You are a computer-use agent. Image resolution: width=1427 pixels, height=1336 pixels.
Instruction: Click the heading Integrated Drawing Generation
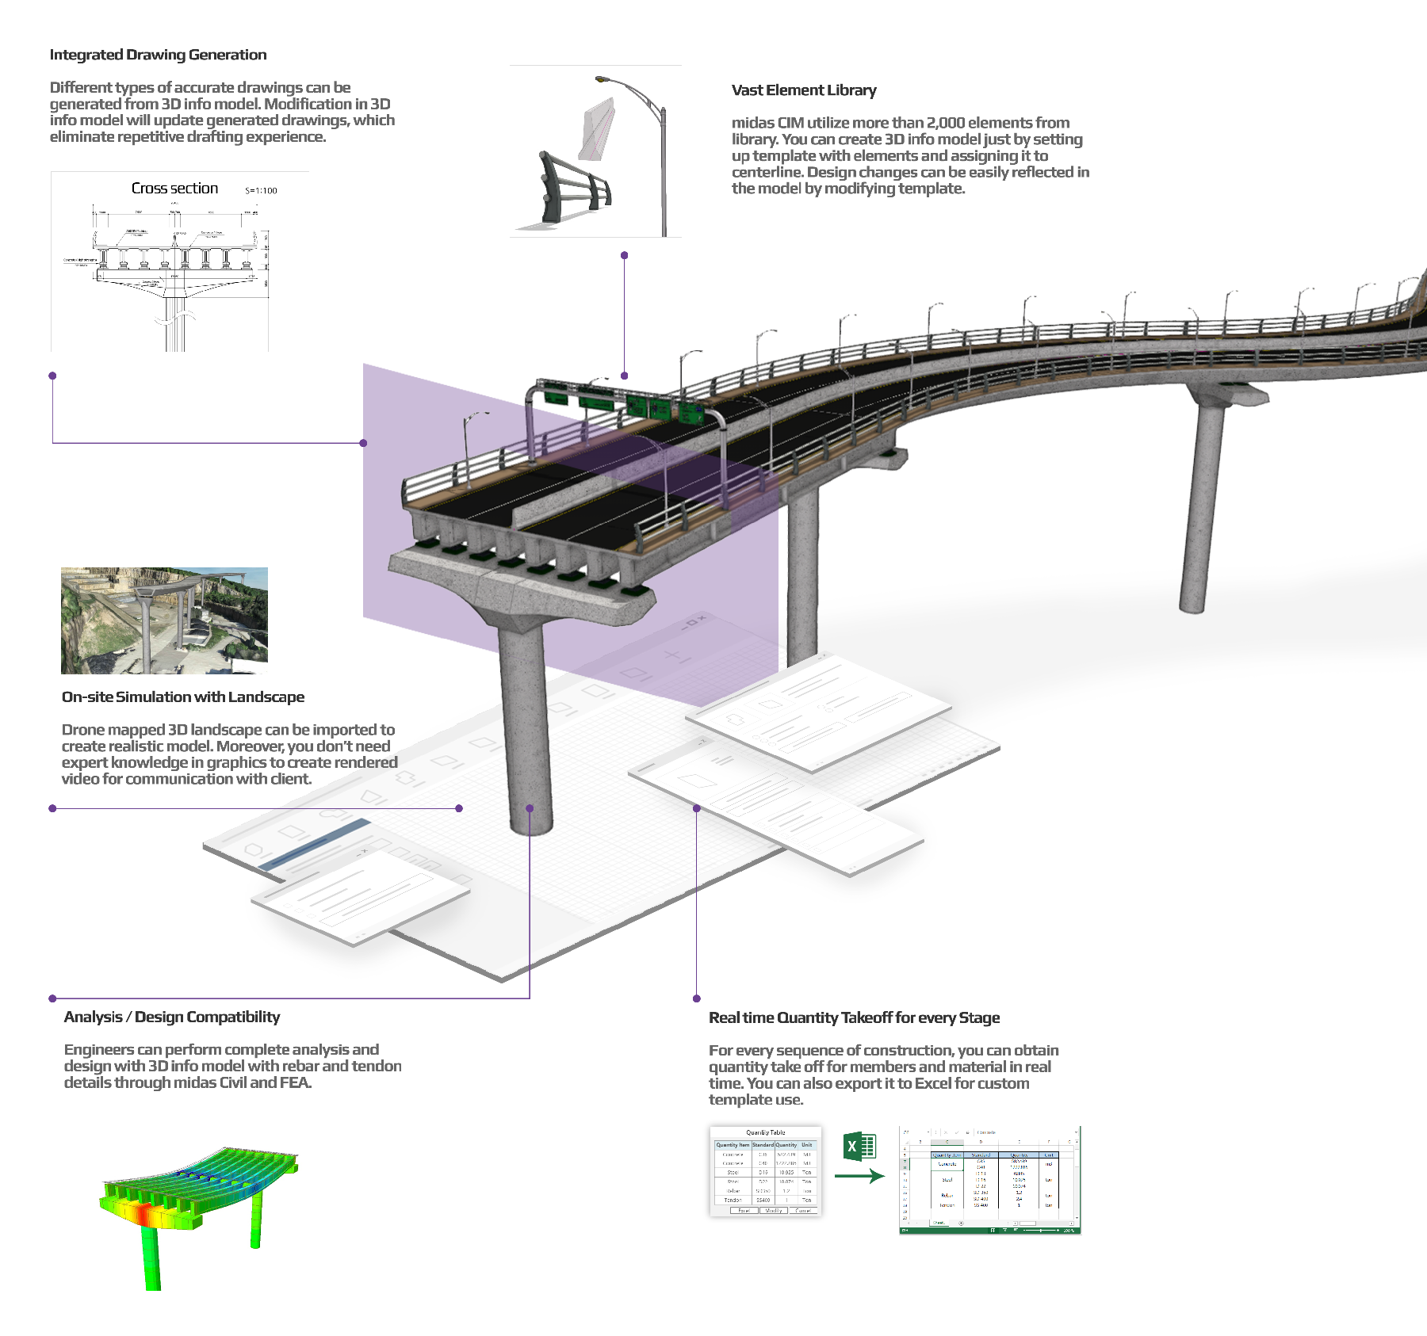(x=158, y=55)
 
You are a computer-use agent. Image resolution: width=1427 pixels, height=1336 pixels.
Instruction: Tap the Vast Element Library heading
(x=803, y=90)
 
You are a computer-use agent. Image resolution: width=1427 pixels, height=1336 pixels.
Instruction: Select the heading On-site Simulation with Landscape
(x=182, y=697)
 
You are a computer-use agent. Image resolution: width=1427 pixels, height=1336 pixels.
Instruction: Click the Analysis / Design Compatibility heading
(x=171, y=1017)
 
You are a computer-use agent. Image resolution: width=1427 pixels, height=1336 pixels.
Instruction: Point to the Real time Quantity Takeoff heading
(x=853, y=1018)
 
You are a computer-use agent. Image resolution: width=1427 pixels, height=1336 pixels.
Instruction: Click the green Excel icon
(x=859, y=1146)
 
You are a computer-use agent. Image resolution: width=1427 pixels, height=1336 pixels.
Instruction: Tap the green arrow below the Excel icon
(x=859, y=1176)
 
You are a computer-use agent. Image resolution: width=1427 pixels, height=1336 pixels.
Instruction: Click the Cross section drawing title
(x=174, y=189)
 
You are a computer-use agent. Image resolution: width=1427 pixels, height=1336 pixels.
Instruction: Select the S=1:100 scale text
(x=261, y=191)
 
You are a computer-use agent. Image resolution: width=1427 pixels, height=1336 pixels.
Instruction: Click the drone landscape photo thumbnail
(x=164, y=620)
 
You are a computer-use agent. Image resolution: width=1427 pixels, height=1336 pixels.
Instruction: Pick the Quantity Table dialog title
(x=765, y=1132)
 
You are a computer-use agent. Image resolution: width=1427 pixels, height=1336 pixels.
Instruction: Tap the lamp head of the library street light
(x=602, y=79)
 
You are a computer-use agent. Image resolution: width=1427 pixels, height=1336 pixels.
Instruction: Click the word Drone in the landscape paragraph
(x=82, y=730)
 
